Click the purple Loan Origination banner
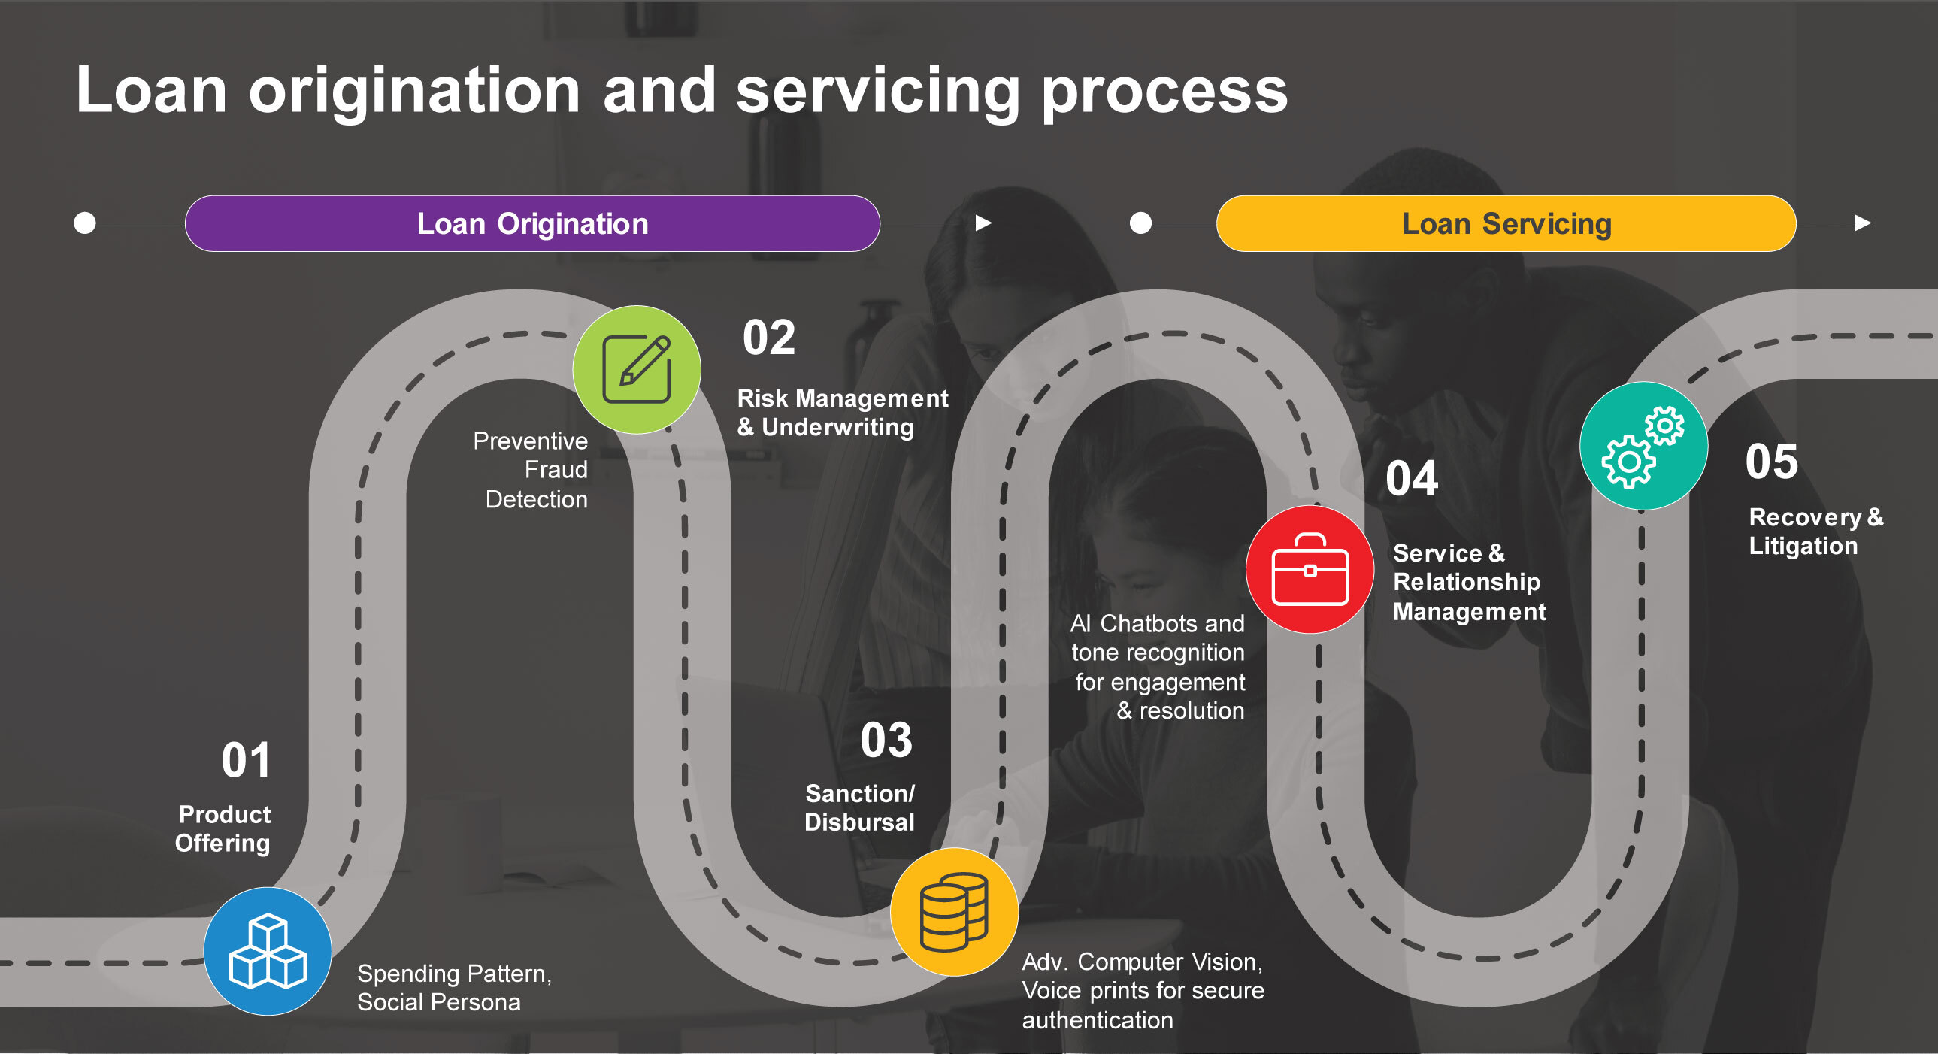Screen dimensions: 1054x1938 (x=532, y=223)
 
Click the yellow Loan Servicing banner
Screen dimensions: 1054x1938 (x=1506, y=223)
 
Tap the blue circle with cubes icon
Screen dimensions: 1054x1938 (x=268, y=951)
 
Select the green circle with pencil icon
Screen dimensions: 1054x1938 (x=637, y=369)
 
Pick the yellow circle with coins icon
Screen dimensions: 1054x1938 (x=954, y=912)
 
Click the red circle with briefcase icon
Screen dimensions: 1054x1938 (x=1310, y=570)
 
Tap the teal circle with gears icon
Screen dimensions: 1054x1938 (x=1643, y=446)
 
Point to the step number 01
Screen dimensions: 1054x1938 (x=245, y=760)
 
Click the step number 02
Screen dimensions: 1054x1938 (x=768, y=337)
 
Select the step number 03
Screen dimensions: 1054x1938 (x=886, y=740)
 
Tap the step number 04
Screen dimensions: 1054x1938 (x=1411, y=478)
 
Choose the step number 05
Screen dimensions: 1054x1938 (x=1771, y=461)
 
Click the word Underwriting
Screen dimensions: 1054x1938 (x=837, y=427)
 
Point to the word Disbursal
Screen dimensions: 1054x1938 (x=859, y=822)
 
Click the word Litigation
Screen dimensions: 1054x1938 (x=1803, y=547)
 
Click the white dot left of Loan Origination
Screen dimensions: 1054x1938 (x=85, y=223)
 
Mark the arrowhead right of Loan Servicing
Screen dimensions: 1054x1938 (x=1863, y=223)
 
